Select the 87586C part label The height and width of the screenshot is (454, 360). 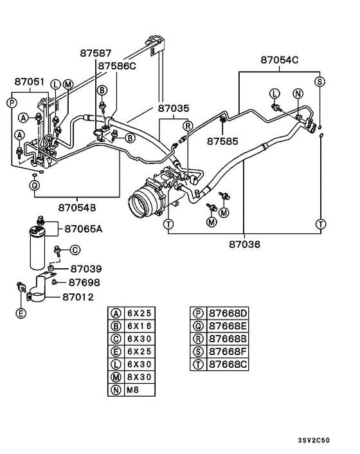click(117, 66)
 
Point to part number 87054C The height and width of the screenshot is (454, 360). click(280, 60)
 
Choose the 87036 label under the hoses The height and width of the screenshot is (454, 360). click(244, 244)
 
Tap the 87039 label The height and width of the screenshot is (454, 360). click(86, 268)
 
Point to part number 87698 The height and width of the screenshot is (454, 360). click(84, 282)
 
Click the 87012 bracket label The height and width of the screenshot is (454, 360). click(78, 296)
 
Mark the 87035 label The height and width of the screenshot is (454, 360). click(174, 109)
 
